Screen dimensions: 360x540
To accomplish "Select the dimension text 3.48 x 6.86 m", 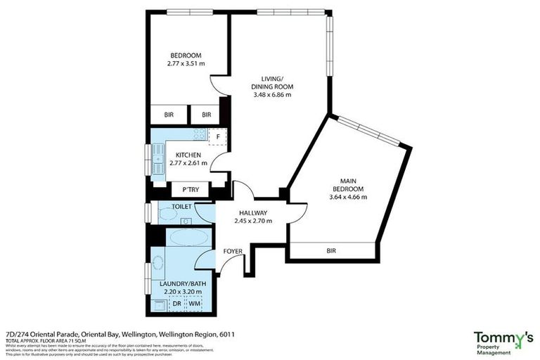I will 271,94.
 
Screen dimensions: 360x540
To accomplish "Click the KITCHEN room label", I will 188,155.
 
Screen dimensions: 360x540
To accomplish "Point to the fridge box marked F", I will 219,136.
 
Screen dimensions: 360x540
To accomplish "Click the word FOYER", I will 233,251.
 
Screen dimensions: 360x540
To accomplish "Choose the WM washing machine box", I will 193,304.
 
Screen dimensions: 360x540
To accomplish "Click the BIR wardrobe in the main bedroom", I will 331,250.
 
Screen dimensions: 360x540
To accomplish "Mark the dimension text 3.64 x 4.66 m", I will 348,198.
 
